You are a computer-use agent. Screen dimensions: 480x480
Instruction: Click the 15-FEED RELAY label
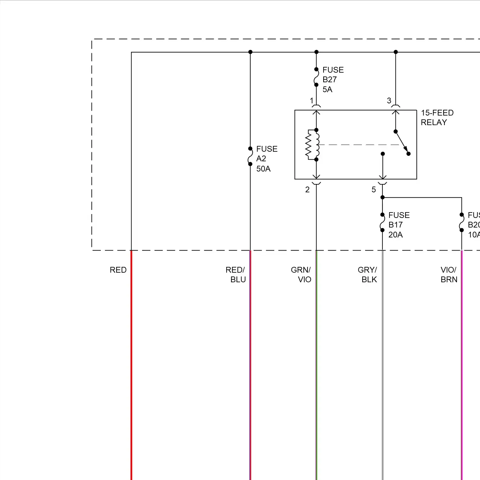437,117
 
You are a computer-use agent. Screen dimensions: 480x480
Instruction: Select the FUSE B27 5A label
332,79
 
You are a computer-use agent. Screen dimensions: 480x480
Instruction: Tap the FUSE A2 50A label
266,159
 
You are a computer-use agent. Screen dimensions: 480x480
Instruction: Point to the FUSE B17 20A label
398,225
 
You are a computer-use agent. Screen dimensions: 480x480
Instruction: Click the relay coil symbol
313,144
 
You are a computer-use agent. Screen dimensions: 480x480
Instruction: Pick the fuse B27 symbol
316,77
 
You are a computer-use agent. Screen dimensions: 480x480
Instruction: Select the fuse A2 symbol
250,156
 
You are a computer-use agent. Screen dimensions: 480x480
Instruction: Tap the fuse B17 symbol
382,222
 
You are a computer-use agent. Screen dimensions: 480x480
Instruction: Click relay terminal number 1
312,101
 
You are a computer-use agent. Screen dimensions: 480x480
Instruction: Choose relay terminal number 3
389,101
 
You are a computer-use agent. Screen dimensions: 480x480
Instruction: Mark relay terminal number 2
308,190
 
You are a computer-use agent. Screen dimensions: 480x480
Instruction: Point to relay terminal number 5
374,190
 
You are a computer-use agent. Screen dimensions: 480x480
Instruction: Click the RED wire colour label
118,270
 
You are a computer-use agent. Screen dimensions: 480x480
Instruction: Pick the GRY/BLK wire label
368,275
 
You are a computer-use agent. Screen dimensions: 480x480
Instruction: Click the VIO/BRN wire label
449,275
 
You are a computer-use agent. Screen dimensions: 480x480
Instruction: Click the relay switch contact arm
402,142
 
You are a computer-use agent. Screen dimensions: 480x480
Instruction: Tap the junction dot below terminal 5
382,197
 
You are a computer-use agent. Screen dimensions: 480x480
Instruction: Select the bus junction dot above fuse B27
316,52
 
